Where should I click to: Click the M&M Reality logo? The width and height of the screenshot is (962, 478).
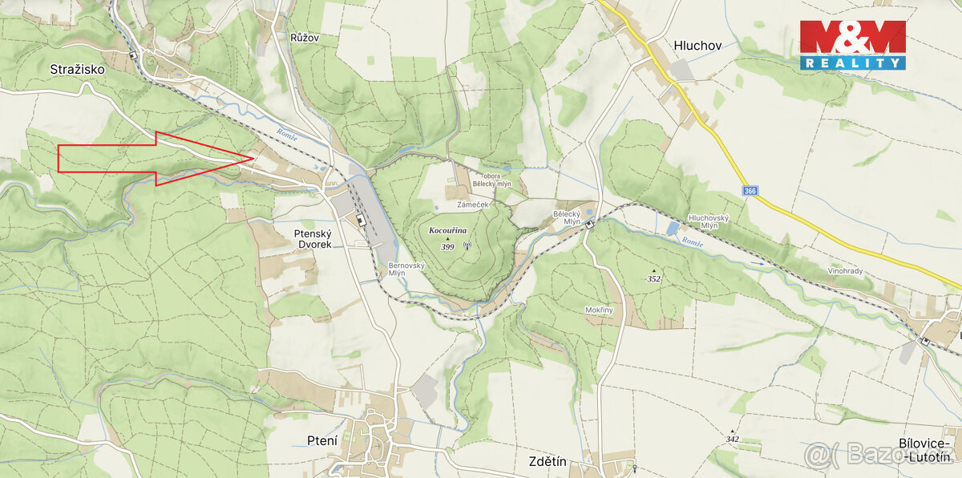tap(852, 45)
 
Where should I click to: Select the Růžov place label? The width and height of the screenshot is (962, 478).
tap(305, 37)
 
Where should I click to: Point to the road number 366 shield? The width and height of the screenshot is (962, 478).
tap(750, 192)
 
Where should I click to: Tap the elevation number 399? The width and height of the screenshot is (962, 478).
tap(447, 247)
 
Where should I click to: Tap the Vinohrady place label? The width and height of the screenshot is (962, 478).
tap(845, 271)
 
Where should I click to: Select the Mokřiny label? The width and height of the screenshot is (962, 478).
tap(599, 310)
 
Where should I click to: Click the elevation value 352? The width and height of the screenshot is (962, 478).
tap(655, 279)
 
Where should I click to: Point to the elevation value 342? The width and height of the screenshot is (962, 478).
tap(732, 439)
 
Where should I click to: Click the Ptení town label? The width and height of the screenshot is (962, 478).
tap(322, 440)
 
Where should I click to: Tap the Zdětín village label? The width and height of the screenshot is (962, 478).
tap(548, 461)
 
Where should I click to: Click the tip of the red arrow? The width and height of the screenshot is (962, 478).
tap(254, 158)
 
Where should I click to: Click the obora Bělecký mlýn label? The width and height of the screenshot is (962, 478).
tap(492, 180)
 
